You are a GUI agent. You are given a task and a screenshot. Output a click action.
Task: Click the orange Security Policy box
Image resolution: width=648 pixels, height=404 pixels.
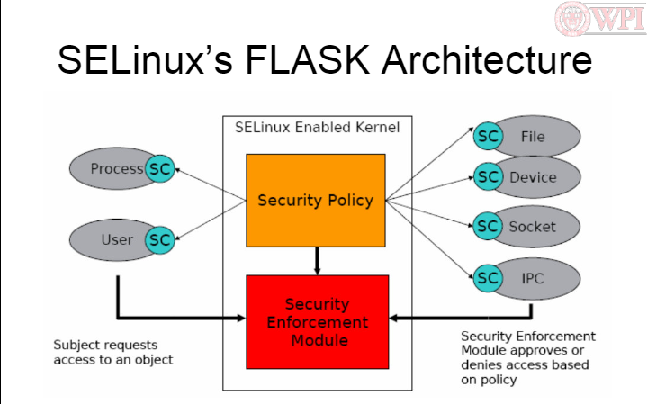[315, 199]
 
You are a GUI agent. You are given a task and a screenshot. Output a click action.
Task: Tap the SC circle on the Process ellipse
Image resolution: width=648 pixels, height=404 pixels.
[160, 168]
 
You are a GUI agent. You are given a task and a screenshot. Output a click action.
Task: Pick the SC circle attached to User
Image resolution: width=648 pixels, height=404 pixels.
[159, 239]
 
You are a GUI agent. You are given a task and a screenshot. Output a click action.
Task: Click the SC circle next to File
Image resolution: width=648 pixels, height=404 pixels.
[489, 137]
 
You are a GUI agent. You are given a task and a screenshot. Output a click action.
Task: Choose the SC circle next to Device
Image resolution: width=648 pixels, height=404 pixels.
[489, 176]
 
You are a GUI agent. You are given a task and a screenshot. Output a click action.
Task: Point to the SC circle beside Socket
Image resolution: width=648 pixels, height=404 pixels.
[489, 226]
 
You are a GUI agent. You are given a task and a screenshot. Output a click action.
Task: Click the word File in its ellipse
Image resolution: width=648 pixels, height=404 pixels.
[532, 137]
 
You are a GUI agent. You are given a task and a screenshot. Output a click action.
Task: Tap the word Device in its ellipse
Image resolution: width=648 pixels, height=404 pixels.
[533, 176]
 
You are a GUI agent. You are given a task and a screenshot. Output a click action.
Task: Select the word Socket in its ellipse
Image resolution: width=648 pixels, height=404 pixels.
[533, 226]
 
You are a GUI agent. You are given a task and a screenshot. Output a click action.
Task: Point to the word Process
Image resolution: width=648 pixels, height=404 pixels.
[117, 168]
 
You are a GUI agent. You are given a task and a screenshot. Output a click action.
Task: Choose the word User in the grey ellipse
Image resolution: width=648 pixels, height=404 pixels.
[117, 239]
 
